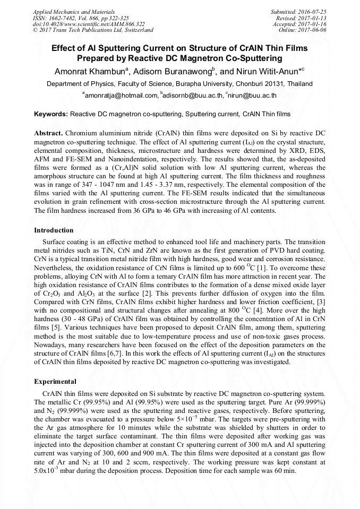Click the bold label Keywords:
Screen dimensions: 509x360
click(x=51, y=114)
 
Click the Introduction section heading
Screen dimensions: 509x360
click(x=54, y=230)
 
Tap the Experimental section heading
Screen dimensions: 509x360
click(x=55, y=382)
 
